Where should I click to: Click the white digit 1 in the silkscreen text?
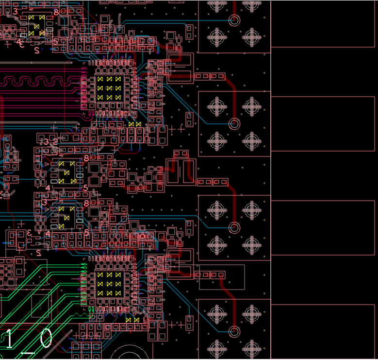[x=9, y=339]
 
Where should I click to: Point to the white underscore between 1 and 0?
[x=27, y=354]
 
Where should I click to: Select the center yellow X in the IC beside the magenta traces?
[x=109, y=88]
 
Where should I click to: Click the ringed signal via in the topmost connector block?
[x=234, y=20]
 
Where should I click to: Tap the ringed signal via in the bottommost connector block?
[x=234, y=332]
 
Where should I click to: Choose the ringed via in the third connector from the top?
[x=234, y=227]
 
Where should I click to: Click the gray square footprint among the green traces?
[x=41, y=306]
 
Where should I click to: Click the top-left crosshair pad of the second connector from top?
[x=216, y=104]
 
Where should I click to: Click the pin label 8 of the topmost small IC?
[x=56, y=12]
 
